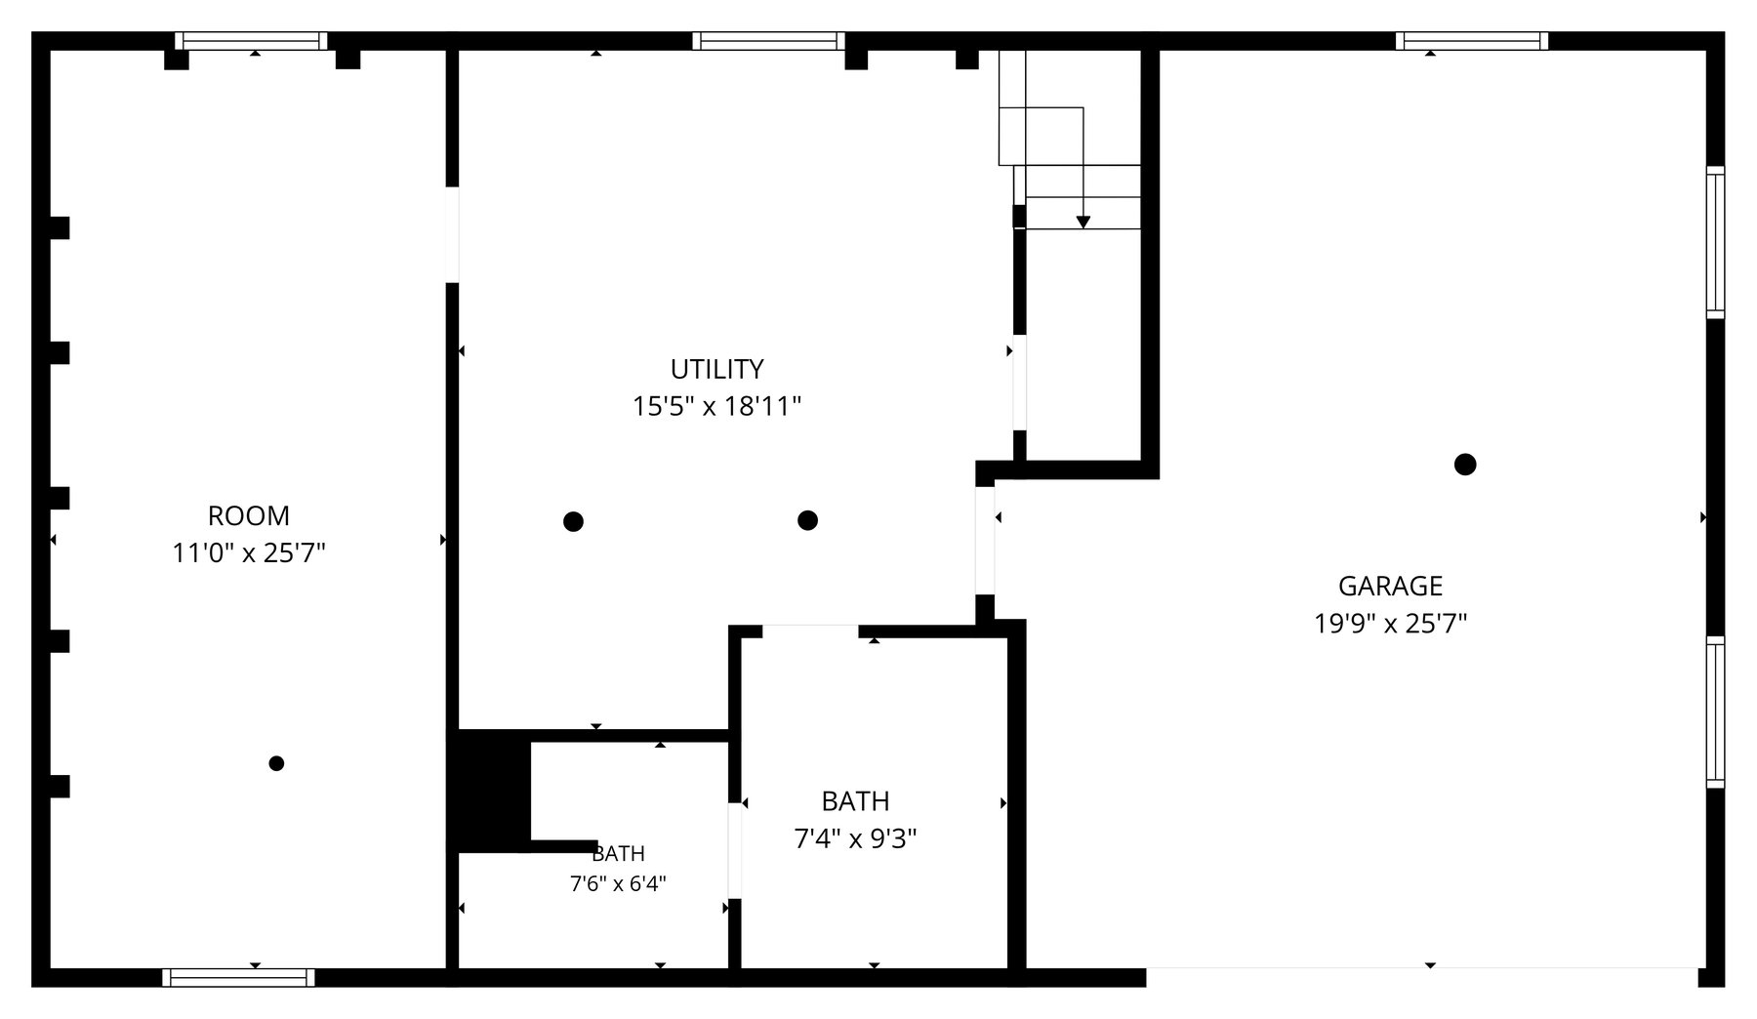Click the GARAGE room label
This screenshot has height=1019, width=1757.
click(x=1390, y=586)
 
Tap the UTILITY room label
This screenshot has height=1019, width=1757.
click(x=716, y=369)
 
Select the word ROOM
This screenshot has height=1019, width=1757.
click(x=249, y=515)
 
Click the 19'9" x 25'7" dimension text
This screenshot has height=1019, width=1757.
click(x=1391, y=623)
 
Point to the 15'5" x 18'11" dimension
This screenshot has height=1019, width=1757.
click(x=717, y=406)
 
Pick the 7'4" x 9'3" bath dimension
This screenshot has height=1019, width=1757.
click(x=855, y=838)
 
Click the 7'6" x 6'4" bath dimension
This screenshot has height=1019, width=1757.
click(x=618, y=884)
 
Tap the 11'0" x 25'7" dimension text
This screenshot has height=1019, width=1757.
click(x=249, y=553)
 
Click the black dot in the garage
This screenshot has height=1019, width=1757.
click(x=1465, y=465)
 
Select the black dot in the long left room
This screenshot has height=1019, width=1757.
click(x=276, y=763)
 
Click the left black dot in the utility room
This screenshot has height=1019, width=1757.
click(x=574, y=521)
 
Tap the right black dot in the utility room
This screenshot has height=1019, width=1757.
click(x=807, y=520)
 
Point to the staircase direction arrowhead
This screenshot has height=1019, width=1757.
click(x=1083, y=224)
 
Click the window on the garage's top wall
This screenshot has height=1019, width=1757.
click(x=1472, y=41)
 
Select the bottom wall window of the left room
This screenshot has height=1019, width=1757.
click(x=239, y=978)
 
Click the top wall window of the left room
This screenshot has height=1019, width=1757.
click(x=252, y=41)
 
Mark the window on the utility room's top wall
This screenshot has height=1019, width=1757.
click(x=769, y=41)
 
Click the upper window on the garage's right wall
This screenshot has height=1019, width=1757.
click(x=1715, y=242)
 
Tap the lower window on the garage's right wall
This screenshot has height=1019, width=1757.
click(x=1715, y=712)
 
